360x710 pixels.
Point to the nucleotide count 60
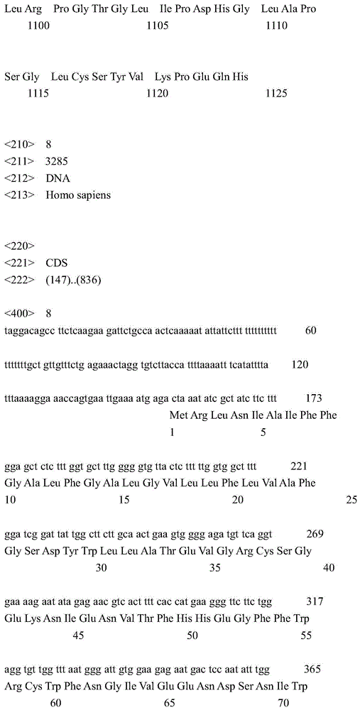[310, 330]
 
